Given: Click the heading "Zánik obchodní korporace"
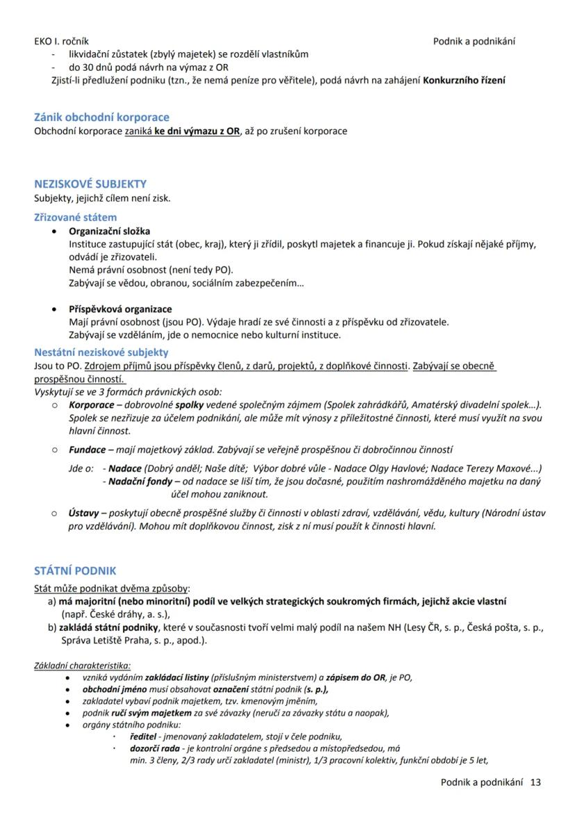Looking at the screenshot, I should point(101,117).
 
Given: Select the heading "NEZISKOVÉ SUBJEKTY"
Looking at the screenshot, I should point(90,184).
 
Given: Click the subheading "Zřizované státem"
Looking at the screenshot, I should point(76,217).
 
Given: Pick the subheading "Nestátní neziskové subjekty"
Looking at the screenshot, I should point(101,352).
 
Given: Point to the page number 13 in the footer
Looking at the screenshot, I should point(535,782).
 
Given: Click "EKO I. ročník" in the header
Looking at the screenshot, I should point(61,41).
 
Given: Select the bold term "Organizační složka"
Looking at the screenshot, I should point(109,231).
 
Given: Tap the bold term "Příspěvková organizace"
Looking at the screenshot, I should point(120,309).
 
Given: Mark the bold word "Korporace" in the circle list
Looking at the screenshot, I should point(91,404).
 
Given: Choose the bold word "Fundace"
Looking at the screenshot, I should point(87,450).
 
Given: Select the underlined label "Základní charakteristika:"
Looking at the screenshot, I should point(82,665).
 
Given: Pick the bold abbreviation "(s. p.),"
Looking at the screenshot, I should point(312,689).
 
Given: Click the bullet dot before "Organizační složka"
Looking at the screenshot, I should point(55,231).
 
